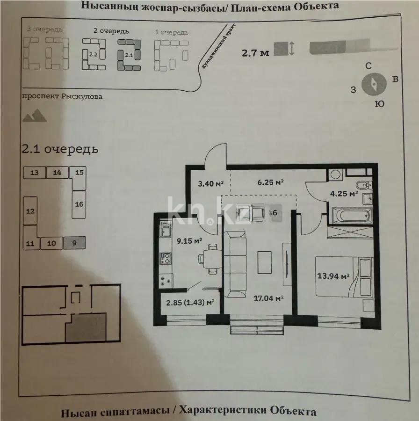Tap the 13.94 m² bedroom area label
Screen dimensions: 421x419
pyautogui.click(x=334, y=276)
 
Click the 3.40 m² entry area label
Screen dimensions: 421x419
pyautogui.click(x=210, y=183)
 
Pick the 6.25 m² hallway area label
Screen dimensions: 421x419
pyautogui.click(x=271, y=182)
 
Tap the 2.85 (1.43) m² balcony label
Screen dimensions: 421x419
pyautogui.click(x=190, y=302)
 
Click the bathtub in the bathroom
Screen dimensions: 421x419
pyautogui.click(x=349, y=216)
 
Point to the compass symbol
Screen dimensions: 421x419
pyautogui.click(x=375, y=83)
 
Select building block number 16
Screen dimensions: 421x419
pyautogui.click(x=79, y=204)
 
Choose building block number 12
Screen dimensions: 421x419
pyautogui.click(x=30, y=211)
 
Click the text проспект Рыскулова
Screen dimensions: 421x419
pyautogui.click(x=62, y=96)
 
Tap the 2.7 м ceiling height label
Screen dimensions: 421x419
pyautogui.click(x=255, y=52)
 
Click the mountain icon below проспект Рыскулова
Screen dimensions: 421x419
pyautogui.click(x=35, y=116)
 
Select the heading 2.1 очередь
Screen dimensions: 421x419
pyautogui.click(x=60, y=149)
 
